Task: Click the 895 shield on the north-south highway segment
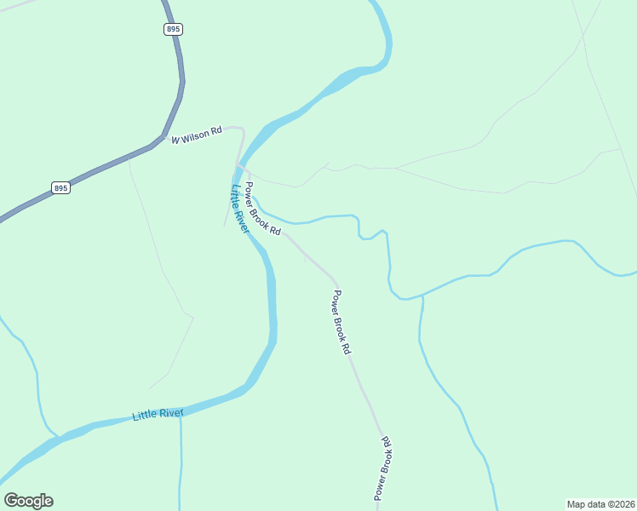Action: pyautogui.click(x=174, y=29)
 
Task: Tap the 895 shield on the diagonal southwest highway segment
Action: pyautogui.click(x=60, y=188)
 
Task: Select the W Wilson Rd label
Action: pyautogui.click(x=196, y=135)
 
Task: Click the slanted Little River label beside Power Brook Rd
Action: pyautogui.click(x=238, y=210)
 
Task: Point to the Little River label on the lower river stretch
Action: pyautogui.click(x=158, y=415)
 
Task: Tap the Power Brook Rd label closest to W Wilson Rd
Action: pyautogui.click(x=263, y=209)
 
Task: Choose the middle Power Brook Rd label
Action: pyautogui.click(x=341, y=323)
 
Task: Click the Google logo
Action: pyautogui.click(x=28, y=501)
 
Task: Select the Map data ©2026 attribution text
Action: pyautogui.click(x=600, y=503)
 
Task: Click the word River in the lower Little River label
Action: pyautogui.click(x=171, y=413)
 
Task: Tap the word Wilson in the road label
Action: pyautogui.click(x=195, y=135)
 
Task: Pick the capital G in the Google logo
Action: pyautogui.click(x=11, y=501)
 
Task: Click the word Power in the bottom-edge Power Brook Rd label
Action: pyautogui.click(x=378, y=488)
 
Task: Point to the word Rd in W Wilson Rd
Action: pyautogui.click(x=216, y=130)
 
